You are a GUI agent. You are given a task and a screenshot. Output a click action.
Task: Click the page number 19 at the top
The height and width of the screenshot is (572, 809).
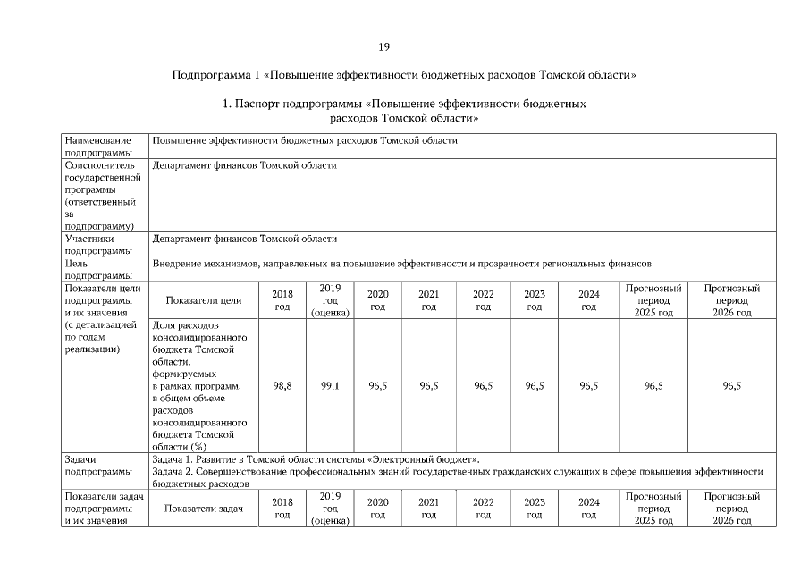383,46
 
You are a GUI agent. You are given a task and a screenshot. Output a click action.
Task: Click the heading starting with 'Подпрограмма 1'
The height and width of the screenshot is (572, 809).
404,75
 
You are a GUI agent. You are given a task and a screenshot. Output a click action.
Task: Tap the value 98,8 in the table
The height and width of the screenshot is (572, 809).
282,385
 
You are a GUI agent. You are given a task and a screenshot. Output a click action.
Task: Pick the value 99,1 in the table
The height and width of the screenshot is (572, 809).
330,385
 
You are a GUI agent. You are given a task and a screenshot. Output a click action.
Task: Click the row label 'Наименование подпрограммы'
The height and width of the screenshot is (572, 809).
98,147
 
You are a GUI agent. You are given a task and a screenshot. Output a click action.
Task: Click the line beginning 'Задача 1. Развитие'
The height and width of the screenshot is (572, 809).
316,458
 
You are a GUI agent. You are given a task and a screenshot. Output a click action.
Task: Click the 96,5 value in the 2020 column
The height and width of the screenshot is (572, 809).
377,385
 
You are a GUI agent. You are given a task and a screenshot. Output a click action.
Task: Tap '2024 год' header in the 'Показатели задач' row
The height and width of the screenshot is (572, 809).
588,509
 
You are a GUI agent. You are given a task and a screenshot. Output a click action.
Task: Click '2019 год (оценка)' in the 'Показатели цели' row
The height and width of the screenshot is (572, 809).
330,301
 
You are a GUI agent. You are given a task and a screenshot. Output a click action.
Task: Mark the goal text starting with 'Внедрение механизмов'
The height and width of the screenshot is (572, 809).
402,264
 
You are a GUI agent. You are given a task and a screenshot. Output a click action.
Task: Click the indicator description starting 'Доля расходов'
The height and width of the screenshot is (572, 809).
198,385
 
